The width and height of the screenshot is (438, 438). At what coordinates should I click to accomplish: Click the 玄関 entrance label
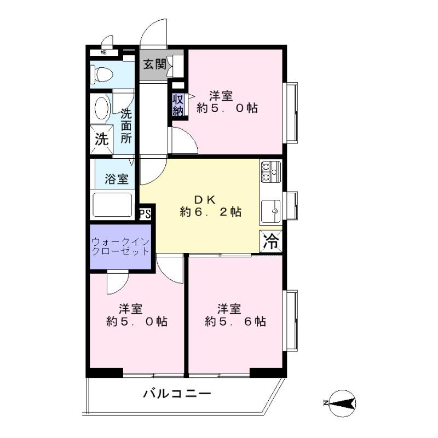pos(155,65)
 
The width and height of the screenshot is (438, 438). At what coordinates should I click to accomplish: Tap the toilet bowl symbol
pos(102,74)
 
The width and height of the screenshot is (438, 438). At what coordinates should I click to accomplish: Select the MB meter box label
pos(103,52)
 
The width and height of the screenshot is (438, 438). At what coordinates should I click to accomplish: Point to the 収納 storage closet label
pos(178,105)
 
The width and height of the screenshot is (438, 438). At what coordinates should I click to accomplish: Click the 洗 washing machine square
pos(102,140)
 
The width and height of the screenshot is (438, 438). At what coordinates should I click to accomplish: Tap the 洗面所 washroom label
pos(126,126)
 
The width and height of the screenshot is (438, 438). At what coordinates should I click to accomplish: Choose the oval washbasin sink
pos(102,108)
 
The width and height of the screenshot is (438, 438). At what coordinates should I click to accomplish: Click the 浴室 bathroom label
pos(117,179)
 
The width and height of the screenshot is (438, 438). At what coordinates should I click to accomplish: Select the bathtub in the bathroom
pos(112,204)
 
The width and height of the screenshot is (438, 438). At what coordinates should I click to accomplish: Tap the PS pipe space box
pos(145,214)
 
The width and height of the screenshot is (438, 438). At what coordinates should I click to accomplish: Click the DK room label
pos(205,199)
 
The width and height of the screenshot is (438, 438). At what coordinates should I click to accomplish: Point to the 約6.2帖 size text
pos(211,212)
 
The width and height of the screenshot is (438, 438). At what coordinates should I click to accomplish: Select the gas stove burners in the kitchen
pos(270,172)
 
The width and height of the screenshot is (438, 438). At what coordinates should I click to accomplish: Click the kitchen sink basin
pos(270,211)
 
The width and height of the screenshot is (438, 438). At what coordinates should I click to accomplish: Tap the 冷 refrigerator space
pos(271,241)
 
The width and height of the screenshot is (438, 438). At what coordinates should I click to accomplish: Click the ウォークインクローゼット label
pos(120,246)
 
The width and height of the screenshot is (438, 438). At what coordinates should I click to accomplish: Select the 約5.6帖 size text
pos(235,321)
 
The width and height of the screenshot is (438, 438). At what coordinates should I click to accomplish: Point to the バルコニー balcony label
pos(177,394)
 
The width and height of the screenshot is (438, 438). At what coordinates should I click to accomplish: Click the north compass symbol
pos(341,404)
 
